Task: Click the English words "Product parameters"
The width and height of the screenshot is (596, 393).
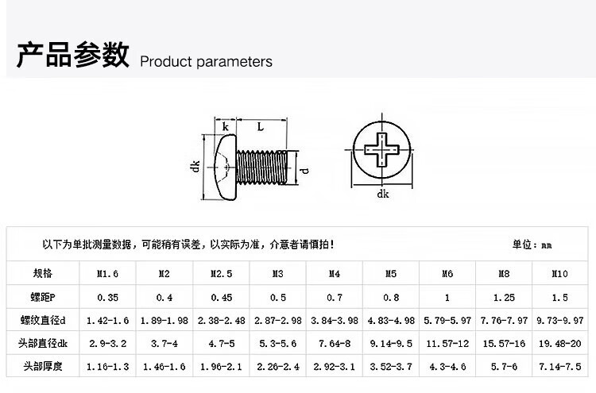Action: click(x=206, y=62)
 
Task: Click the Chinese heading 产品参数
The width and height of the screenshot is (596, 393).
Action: click(x=73, y=55)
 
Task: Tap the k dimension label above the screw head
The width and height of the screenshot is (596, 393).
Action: click(x=226, y=126)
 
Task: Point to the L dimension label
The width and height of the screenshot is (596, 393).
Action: click(x=261, y=126)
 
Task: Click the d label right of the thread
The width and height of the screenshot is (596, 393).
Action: click(x=305, y=171)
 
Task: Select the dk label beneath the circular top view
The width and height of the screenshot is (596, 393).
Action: click(x=383, y=194)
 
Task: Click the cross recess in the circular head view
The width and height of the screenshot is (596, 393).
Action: click(x=382, y=149)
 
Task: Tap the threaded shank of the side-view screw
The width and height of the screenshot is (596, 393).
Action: click(x=261, y=167)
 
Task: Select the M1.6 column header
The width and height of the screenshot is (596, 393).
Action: click(x=107, y=273)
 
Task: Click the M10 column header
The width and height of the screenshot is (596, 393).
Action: click(x=560, y=273)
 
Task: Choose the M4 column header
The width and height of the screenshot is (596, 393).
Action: click(x=335, y=273)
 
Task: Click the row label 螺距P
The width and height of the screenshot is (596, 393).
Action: click(x=43, y=297)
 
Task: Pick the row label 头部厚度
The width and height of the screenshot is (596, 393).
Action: click(x=43, y=366)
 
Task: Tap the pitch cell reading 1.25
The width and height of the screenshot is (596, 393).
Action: click(x=504, y=298)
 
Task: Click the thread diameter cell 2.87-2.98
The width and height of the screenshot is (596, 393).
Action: click(x=278, y=321)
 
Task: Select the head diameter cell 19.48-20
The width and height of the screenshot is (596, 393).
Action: click(x=560, y=344)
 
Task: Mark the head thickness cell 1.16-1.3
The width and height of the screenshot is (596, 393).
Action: click(x=107, y=367)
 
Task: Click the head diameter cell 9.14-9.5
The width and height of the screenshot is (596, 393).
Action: click(x=391, y=344)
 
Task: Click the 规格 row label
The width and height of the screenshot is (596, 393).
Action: click(x=43, y=273)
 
